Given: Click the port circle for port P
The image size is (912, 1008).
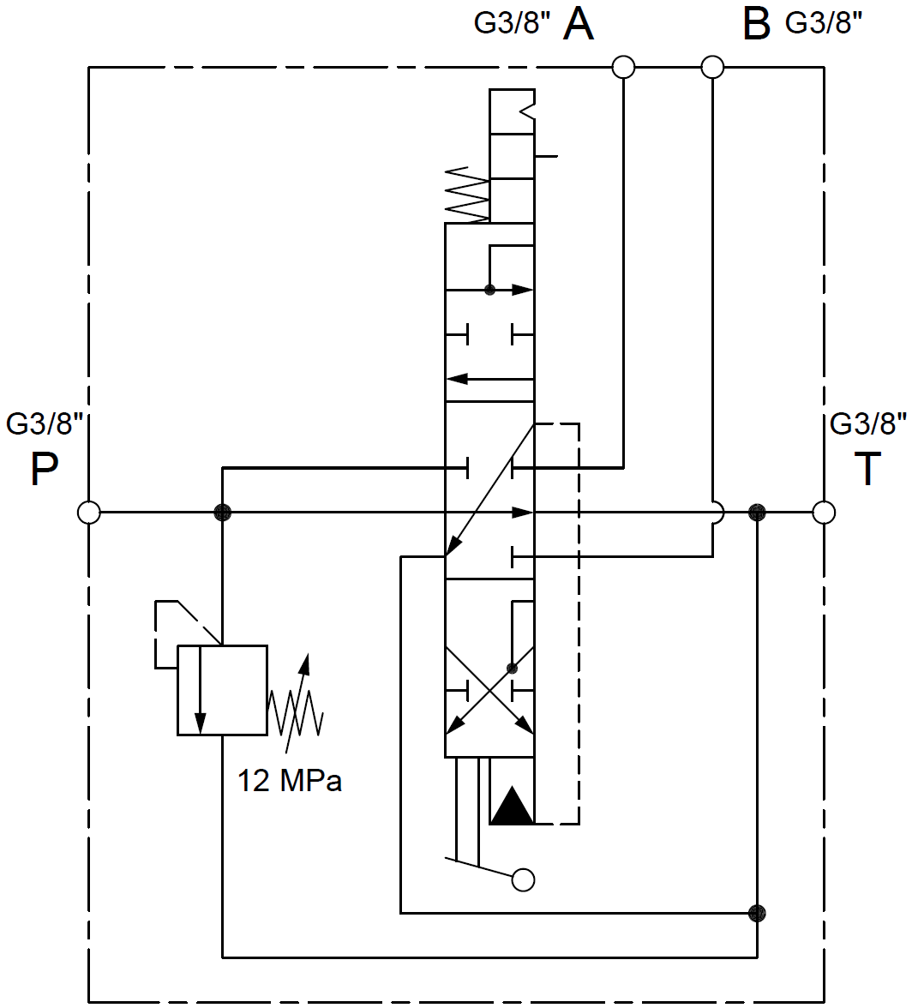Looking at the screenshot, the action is click(88, 513).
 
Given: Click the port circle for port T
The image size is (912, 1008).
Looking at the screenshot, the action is click(824, 513).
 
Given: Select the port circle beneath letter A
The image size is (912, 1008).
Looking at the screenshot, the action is click(623, 67).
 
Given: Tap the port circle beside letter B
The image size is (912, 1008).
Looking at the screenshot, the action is click(712, 67).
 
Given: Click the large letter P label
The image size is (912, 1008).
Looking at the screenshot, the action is click(44, 470).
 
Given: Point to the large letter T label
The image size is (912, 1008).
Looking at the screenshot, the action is click(867, 469).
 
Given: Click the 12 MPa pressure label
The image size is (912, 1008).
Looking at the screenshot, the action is click(289, 780).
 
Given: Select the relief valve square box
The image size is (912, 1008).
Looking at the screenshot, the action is click(222, 691).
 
